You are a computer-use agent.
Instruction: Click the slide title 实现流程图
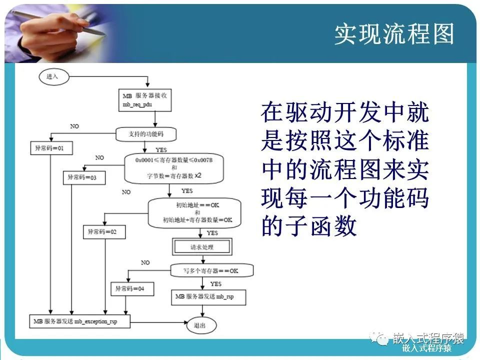pos(394,34)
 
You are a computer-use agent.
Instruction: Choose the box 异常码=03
pos(83,177)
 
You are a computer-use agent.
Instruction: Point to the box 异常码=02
pos(104,231)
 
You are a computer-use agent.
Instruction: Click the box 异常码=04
pos(132,288)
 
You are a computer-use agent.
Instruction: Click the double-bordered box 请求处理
pos(202,247)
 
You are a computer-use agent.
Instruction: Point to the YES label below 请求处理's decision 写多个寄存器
pos(216,283)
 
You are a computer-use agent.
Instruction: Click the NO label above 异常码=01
pos(74,126)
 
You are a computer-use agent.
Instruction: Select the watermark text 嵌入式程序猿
pos(428,338)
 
